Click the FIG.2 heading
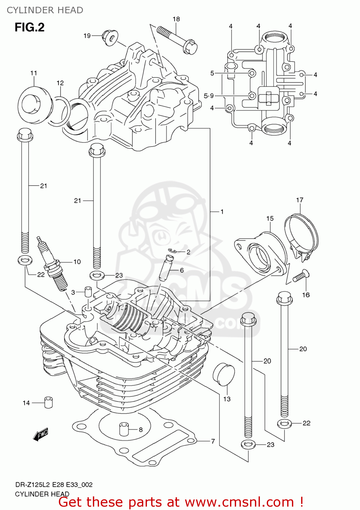[x=29, y=27]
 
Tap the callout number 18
[x=176, y=19]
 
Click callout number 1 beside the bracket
[x=222, y=212]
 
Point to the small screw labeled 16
[x=299, y=276]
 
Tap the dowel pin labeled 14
[x=48, y=402]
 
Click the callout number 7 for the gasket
[x=213, y=441]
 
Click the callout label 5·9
[x=209, y=96]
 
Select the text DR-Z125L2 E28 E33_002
[x=53, y=485]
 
